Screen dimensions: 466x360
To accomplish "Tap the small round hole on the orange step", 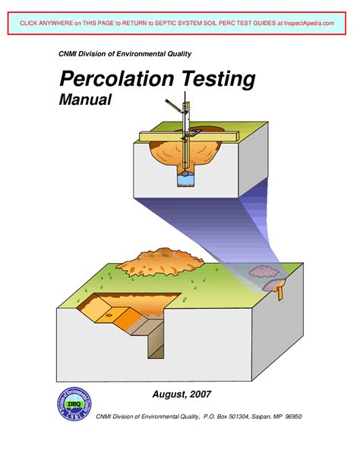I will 112,312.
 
